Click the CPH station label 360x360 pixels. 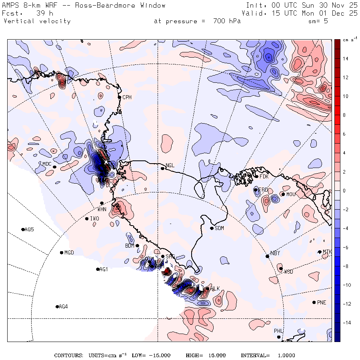127,97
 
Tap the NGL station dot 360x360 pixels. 163,168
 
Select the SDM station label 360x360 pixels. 219,228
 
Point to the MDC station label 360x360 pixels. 47,164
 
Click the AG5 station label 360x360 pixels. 29,230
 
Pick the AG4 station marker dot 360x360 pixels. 57,307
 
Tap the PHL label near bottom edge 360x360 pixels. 278,331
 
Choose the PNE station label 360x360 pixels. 322,302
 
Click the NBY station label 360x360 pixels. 275,253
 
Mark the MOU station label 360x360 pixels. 291,194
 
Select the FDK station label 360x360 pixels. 264,176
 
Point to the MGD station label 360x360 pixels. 69,253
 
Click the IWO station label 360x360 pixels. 94,219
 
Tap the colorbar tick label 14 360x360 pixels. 345,58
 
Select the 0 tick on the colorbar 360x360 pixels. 344,190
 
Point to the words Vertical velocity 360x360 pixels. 37,21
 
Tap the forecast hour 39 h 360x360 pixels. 42,13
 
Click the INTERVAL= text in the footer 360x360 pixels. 255,355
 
